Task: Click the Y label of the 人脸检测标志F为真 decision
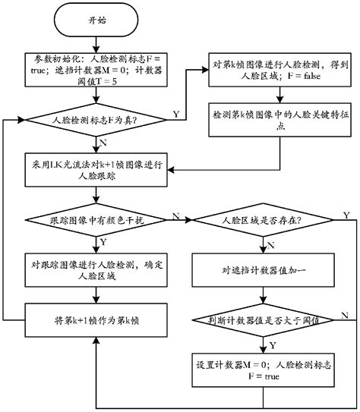point(176,114)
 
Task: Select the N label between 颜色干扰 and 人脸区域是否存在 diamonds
point(177,215)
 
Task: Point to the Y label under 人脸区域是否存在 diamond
point(270,242)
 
